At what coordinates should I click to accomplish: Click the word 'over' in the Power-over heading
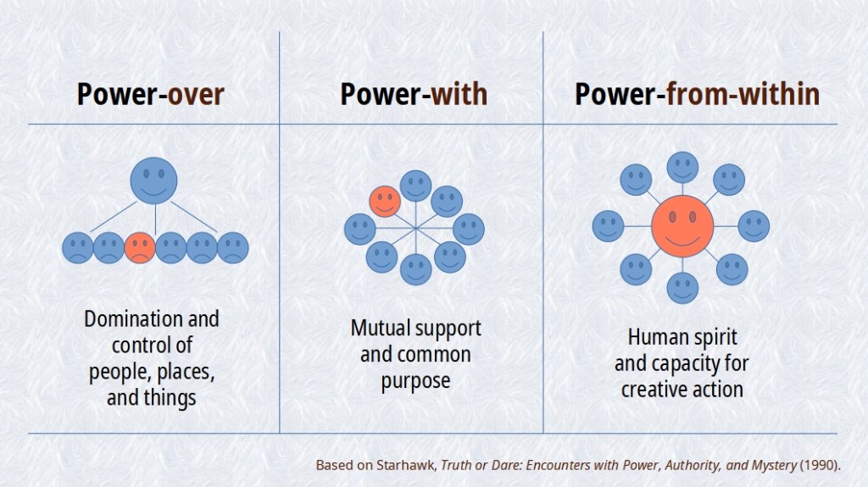tap(195, 94)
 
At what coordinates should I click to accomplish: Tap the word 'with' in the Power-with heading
tap(459, 94)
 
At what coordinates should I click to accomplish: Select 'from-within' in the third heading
tap(743, 94)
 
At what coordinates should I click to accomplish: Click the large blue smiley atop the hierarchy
tap(153, 180)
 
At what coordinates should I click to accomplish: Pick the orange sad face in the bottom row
tap(139, 246)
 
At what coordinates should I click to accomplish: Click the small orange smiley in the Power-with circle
tap(385, 201)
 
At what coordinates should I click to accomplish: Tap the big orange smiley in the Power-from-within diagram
tap(682, 226)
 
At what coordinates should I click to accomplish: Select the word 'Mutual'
tap(381, 328)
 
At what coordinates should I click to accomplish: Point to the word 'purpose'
tap(415, 380)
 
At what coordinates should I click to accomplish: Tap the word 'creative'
tap(655, 390)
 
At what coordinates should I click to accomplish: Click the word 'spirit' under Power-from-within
tap(713, 338)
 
